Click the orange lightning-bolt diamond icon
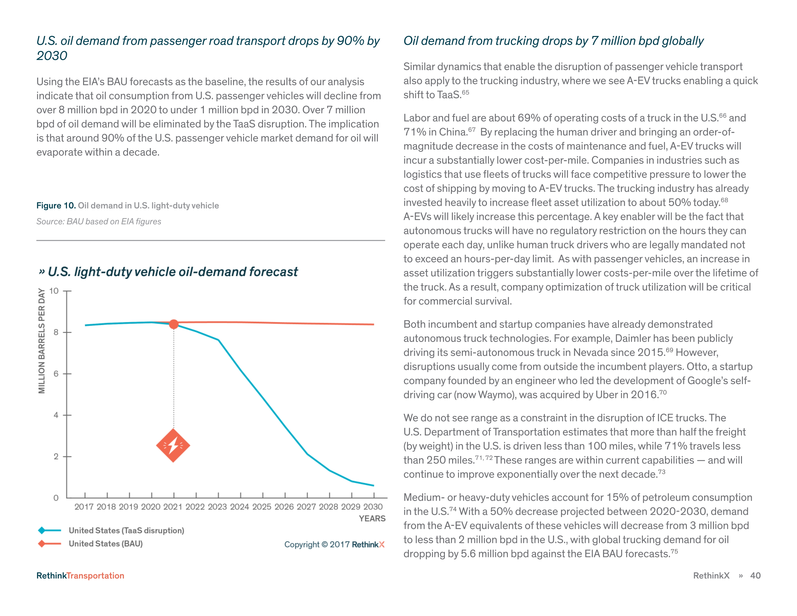click(173, 445)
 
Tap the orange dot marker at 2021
click(174, 324)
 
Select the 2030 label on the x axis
click(373, 507)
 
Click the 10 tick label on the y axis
click(54, 291)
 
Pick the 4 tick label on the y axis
click(56, 415)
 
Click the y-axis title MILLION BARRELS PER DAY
click(42, 341)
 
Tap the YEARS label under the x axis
click(372, 519)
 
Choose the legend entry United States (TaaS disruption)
click(126, 530)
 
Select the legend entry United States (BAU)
click(106, 544)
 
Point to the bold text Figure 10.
click(56, 206)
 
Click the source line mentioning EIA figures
click(99, 222)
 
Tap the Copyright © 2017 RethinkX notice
click(334, 544)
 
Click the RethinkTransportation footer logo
click(80, 575)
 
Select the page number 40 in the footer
click(755, 575)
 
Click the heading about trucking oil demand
click(553, 41)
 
